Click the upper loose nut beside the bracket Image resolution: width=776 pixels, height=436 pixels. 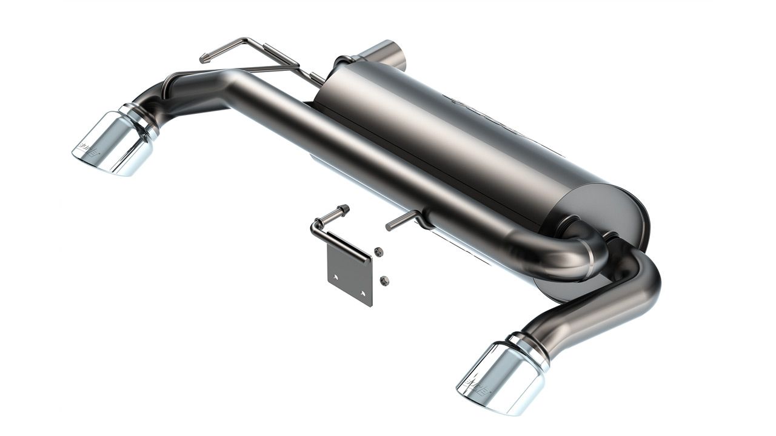[x=378, y=253]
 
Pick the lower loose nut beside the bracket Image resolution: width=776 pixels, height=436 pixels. [x=383, y=280]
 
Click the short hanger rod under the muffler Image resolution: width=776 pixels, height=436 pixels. [x=400, y=221]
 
